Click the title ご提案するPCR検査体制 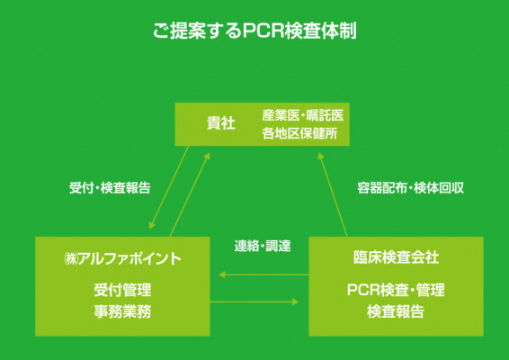coord(254,31)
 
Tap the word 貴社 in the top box coord(220,123)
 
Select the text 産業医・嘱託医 coord(302,115)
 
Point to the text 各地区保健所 coord(299,133)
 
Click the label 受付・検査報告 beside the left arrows coord(110,188)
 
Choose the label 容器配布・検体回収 coord(410,188)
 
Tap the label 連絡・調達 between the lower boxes coord(263,246)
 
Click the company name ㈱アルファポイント coord(122,259)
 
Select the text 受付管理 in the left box coord(122,290)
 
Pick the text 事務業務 coord(122,311)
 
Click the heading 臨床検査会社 coord(396,257)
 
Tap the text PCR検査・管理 coord(396,290)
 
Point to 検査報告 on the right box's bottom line coord(396,311)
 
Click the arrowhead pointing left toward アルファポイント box coord(222,274)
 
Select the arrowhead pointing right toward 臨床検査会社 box coord(295,301)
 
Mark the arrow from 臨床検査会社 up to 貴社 coord(333,194)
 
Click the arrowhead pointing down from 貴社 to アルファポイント coord(152,225)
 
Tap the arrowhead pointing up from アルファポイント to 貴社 coord(207,157)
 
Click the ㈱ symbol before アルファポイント coord(71,259)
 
